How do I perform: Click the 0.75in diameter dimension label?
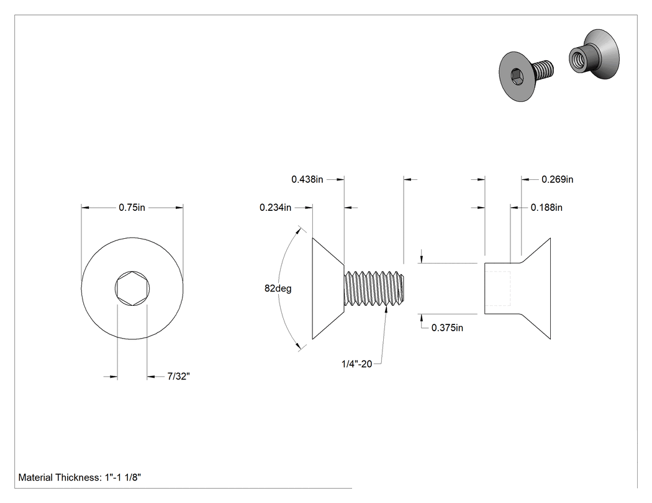tap(132, 207)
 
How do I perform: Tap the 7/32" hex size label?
tap(178, 376)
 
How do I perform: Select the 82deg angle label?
tap(278, 288)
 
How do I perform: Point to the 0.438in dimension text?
tap(307, 179)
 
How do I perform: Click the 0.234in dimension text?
tap(275, 207)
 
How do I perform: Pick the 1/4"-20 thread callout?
tap(357, 364)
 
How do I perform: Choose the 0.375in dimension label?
tap(447, 327)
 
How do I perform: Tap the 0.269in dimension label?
tap(557, 179)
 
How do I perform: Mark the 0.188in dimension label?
tap(546, 207)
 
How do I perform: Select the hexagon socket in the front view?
tap(132, 288)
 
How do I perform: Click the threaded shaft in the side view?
tap(374, 288)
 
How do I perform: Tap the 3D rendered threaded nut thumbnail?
tap(594, 54)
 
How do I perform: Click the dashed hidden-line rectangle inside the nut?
tap(498, 288)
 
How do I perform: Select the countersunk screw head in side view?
tap(328, 288)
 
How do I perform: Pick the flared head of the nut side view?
tap(535, 288)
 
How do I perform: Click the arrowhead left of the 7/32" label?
tap(114, 376)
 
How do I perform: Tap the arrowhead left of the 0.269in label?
tap(525, 179)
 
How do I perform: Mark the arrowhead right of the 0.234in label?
tap(309, 207)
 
